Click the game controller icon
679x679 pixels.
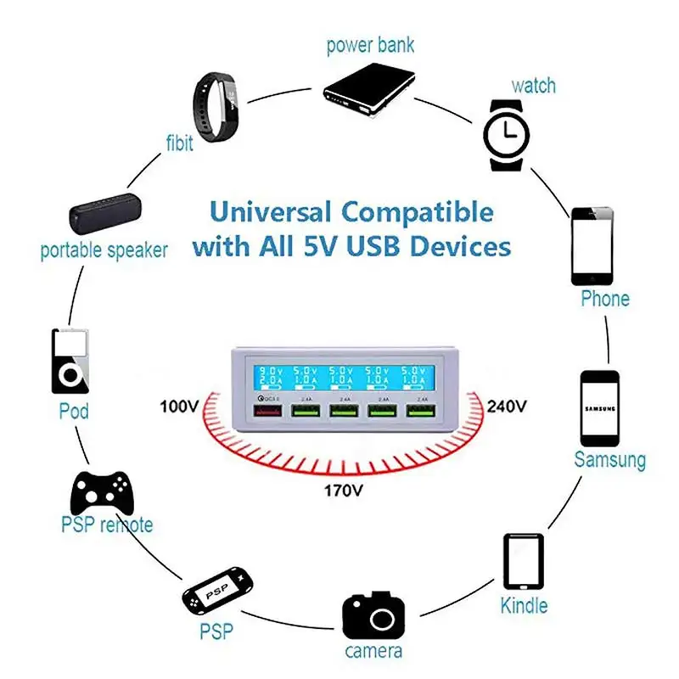(x=102, y=491)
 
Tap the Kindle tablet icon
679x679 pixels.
(x=524, y=561)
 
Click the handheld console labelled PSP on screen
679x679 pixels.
(x=216, y=591)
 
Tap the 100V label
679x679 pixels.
(x=179, y=406)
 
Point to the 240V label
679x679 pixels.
(x=507, y=405)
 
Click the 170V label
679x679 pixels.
(x=344, y=491)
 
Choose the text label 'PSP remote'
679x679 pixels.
(x=107, y=525)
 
